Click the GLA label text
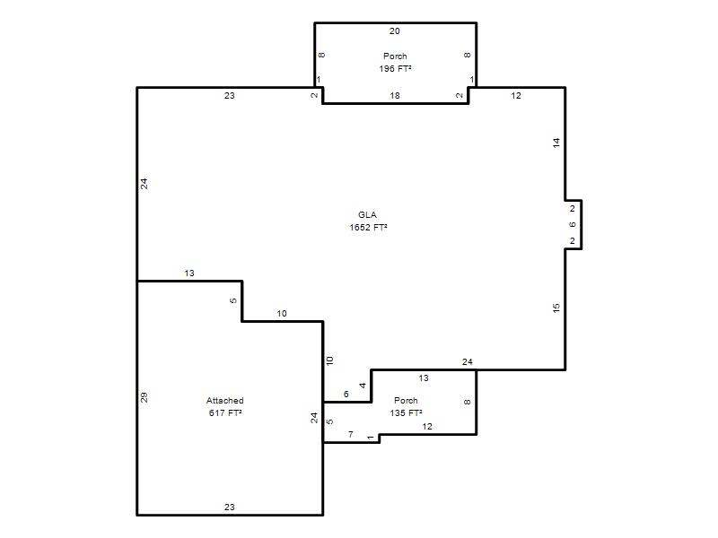pos(367,214)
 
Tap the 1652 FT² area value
pos(368,227)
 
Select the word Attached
pos(225,400)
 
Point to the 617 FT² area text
pos(225,412)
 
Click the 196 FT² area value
pos(395,68)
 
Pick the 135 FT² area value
pos(406,412)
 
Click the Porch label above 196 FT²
pos(395,56)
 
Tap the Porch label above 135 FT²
pos(406,400)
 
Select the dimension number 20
pos(395,30)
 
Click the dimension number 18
pos(395,95)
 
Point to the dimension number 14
pos(556,143)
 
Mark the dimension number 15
pos(556,308)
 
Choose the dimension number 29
pos(144,397)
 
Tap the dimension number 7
pos(351,434)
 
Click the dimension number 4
pos(363,386)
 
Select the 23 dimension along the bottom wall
pos(230,507)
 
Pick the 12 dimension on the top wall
pos(516,95)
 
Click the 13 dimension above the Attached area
pos(189,273)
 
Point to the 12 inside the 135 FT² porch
pos(427,427)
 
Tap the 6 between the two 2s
pos(573,225)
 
